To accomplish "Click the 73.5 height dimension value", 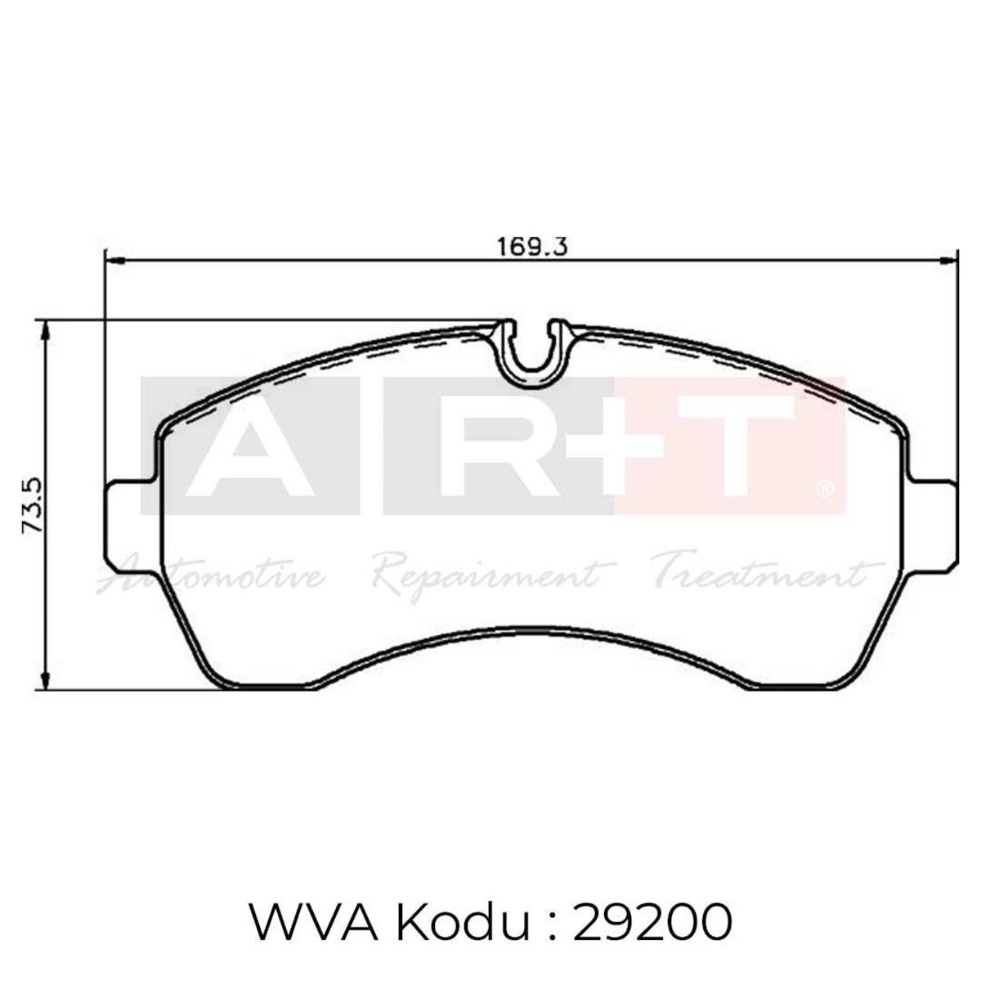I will pyautogui.click(x=32, y=507).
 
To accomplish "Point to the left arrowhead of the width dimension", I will pyautogui.click(x=113, y=261).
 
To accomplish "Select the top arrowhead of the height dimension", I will pyautogui.click(x=47, y=329).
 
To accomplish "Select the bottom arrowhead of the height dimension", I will pyautogui.click(x=47, y=683).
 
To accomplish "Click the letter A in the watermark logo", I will pyautogui.click(x=250, y=448).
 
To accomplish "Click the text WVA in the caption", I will pyautogui.click(x=311, y=924).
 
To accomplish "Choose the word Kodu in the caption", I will pyautogui.click(x=458, y=924).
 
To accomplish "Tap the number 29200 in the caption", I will pyautogui.click(x=652, y=924).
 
